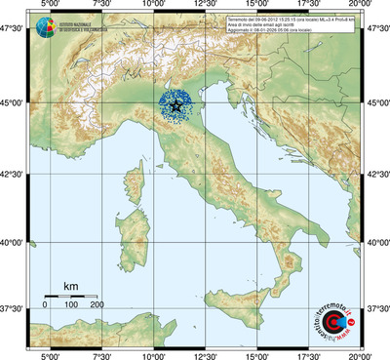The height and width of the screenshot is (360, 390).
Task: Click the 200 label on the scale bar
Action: click(x=97, y=305)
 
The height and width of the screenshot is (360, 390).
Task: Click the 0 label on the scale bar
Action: click(x=45, y=305)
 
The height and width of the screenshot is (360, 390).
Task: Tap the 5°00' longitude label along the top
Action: click(x=49, y=5)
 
